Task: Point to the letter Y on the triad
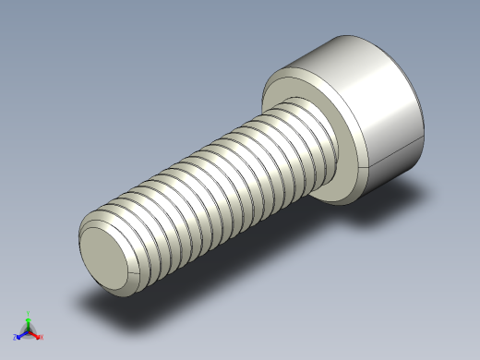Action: pos(29,313)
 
